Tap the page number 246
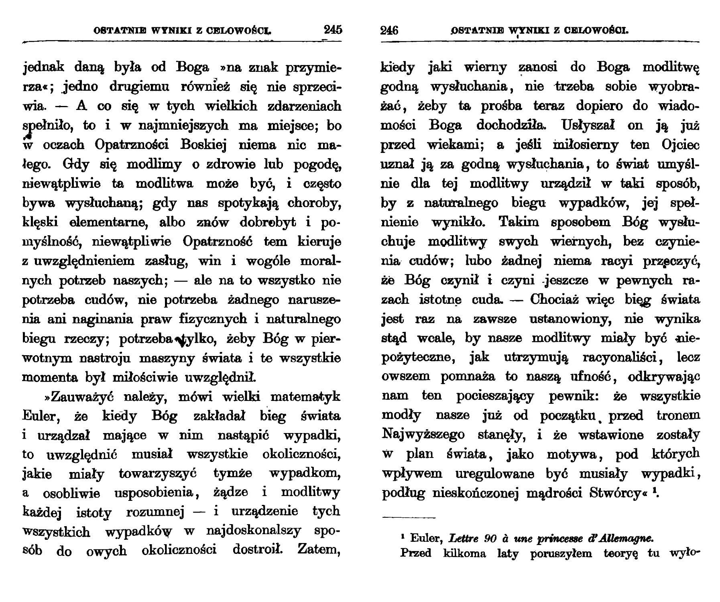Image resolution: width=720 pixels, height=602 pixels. pyautogui.click(x=389, y=31)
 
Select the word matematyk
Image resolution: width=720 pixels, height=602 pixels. pyautogui.click(x=305, y=397)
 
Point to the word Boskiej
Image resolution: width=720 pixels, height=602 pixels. pyautogui.click(x=204, y=144)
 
